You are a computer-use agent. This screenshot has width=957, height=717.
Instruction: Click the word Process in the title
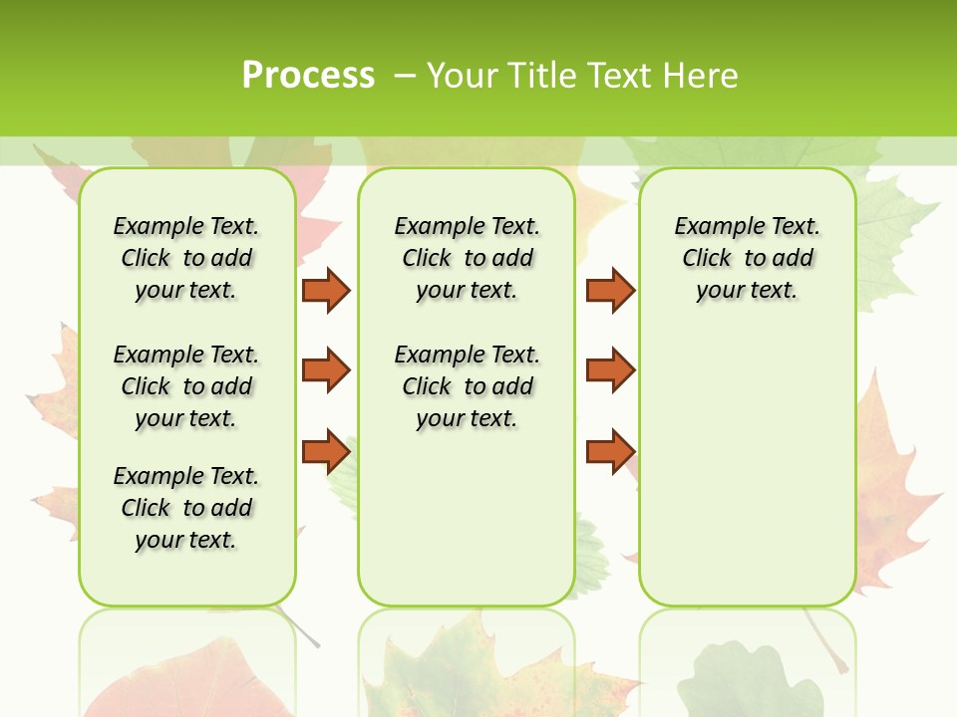[x=308, y=76]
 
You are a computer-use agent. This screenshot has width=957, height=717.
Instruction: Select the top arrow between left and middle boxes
[x=325, y=290]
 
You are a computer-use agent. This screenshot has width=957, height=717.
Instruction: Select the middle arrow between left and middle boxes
[x=325, y=370]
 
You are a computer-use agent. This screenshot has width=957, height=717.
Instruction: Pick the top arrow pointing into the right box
[x=610, y=290]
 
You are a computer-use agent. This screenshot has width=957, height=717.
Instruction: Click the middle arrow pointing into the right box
[x=610, y=370]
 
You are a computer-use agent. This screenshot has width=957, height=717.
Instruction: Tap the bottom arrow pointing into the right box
[x=610, y=451]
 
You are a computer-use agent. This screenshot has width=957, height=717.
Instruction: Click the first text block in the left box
[x=186, y=258]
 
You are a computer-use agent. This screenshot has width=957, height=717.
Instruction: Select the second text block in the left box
[x=186, y=386]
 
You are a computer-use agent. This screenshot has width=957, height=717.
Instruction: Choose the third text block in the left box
[x=186, y=508]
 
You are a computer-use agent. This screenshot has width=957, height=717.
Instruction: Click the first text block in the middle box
[x=467, y=258]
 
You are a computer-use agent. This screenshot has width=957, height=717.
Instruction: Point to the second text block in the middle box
[x=467, y=386]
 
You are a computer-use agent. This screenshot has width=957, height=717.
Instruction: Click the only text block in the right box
[x=747, y=258]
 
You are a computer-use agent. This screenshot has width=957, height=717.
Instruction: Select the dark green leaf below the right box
[x=748, y=682]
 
